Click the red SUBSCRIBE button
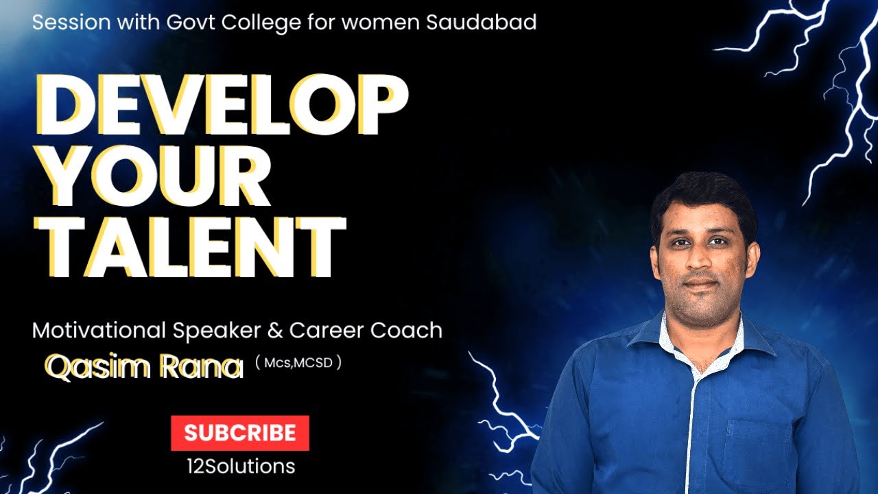(239, 433)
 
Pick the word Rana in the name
(202, 367)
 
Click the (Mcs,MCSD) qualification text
(298, 362)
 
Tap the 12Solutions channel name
(240, 467)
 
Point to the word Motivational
(99, 331)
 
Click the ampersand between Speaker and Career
(275, 331)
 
